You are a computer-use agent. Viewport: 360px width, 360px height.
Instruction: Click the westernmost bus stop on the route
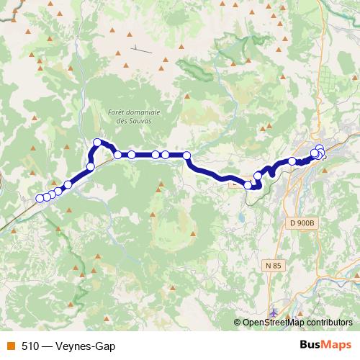[40, 198]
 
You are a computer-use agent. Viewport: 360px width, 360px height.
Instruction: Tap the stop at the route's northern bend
[97, 143]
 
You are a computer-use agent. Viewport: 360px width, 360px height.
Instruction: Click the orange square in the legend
[10, 346]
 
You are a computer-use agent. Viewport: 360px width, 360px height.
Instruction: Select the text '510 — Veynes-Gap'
[68, 346]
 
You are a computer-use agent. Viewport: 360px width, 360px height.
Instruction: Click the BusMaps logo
[325, 345]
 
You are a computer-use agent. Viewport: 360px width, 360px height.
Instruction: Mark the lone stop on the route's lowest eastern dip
[248, 185]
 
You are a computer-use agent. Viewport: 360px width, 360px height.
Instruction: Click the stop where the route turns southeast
[186, 155]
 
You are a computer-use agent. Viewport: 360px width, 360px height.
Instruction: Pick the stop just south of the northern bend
[91, 167]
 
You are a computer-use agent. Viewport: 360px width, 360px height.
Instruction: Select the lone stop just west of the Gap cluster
[292, 161]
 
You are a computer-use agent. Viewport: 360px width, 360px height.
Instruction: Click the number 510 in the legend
[30, 346]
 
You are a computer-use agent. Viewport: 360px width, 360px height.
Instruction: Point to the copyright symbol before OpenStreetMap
[238, 322]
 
